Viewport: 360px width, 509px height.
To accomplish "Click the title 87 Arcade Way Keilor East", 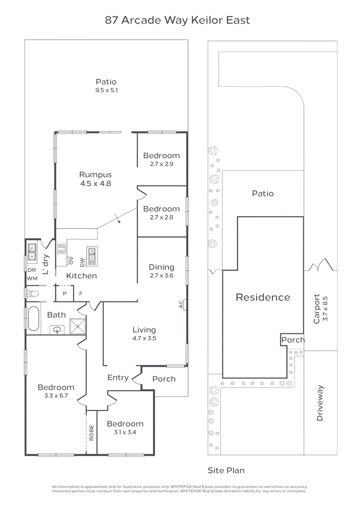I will coord(177,20).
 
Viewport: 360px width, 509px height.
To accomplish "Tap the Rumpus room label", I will coord(95,175).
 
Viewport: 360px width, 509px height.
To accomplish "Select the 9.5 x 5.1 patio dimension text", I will coord(106,90).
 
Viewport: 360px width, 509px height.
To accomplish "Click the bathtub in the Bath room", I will coord(33,319).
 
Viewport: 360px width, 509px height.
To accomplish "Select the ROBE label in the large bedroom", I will coord(91,433).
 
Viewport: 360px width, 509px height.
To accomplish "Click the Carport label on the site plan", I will coord(317,309).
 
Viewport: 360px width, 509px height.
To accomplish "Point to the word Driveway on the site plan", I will coord(320,403).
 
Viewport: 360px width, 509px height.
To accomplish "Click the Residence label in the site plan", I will coord(262,297).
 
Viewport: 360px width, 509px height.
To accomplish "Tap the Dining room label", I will coord(162,267).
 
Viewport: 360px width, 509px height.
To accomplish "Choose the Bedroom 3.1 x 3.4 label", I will coord(125,424).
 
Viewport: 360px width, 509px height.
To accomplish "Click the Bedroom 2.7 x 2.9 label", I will coord(161,156).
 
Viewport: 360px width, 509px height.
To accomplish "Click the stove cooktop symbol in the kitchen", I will coord(61,249).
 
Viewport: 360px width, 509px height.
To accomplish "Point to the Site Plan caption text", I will coord(226,470).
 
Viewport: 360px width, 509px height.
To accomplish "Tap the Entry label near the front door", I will coord(118,378).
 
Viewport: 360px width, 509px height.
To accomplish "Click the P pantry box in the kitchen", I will coord(64,294).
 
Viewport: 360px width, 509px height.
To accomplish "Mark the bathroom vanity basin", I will coord(58,329).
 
